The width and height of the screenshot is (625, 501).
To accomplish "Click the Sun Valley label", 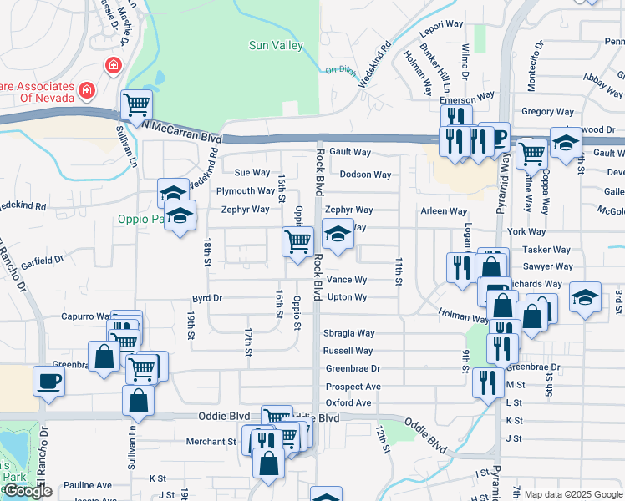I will point(276,46).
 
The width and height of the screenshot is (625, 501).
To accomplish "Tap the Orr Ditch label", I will point(341,70).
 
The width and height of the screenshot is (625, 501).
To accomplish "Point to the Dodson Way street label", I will point(365,175).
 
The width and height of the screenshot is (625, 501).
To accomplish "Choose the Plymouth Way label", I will point(246,191).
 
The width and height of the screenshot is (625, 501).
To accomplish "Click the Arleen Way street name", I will point(444,212).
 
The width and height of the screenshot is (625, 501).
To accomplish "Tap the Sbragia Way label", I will point(348,333).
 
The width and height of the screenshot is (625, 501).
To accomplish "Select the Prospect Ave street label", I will point(353,387).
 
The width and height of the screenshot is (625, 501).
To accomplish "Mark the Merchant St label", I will point(211,442).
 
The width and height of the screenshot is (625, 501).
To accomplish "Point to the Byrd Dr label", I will point(206,297).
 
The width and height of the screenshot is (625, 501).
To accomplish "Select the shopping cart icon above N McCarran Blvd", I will point(135,105).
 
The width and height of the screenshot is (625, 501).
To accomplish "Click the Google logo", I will point(28,491).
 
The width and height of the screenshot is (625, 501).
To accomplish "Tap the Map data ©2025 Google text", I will point(572,494).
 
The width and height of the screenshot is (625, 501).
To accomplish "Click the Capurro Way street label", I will point(86,317).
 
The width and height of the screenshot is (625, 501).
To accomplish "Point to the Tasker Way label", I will point(546,250).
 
